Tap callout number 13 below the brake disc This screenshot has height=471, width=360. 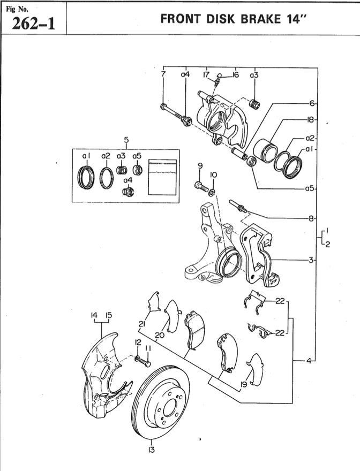pyautogui.click(x=152, y=450)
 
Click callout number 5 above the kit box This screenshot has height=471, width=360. pyautogui.click(x=126, y=141)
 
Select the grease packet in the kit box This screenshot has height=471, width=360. pyautogui.click(x=162, y=176)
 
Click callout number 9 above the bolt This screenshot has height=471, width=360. pyautogui.click(x=199, y=166)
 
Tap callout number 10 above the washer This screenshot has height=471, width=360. pyautogui.click(x=213, y=174)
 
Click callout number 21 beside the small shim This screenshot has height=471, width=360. pyautogui.click(x=142, y=324)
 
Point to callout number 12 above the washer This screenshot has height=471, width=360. pyautogui.click(x=138, y=343)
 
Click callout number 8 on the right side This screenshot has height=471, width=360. pyautogui.click(x=311, y=218)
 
